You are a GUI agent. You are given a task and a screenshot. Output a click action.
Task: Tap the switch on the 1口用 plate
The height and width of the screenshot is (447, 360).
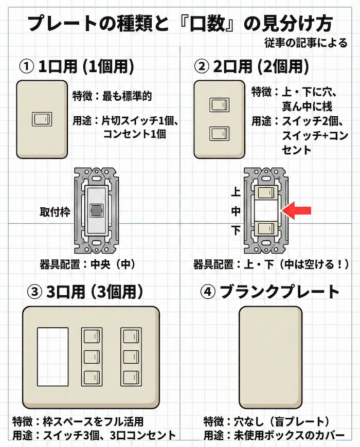pos(41,119)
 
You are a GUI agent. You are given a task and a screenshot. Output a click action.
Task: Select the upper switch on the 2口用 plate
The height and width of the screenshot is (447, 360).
pos(217,106)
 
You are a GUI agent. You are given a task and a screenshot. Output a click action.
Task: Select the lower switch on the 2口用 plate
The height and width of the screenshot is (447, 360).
pos(217,134)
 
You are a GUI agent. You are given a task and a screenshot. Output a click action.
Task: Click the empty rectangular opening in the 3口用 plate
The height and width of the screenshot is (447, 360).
pos(53,356)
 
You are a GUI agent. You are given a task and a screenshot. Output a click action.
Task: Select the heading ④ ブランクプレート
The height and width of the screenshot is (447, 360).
pos(271,292)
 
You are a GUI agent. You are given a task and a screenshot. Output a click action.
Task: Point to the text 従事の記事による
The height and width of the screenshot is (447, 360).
pos(308,43)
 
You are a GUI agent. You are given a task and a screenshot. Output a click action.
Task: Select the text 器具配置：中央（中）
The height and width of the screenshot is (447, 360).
pos(87,265)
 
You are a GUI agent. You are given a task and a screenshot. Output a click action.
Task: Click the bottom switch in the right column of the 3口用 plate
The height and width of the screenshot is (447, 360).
pos(130,377)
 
